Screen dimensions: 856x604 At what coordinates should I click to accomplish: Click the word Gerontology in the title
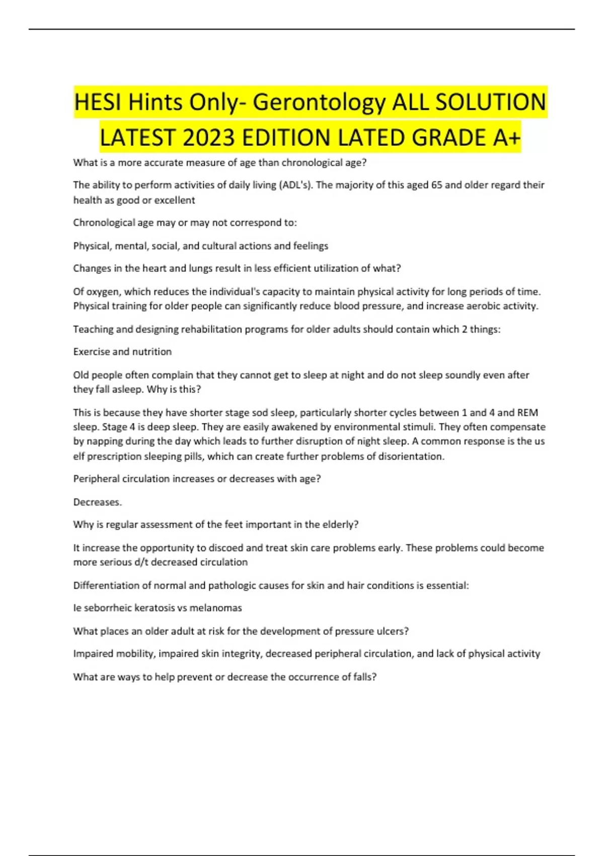[319, 102]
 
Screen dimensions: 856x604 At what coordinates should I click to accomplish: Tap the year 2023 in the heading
[208, 137]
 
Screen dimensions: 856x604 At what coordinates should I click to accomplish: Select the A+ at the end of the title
[506, 137]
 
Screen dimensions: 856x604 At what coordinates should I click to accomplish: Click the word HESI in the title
[98, 102]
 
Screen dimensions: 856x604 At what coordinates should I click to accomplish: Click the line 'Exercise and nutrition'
[122, 351]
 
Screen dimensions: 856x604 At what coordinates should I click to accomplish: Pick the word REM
[527, 412]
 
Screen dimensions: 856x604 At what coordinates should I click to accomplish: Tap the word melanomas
[215, 608]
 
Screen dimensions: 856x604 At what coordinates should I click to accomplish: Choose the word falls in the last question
[364, 677]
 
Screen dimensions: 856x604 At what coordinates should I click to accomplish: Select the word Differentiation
[105, 585]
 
